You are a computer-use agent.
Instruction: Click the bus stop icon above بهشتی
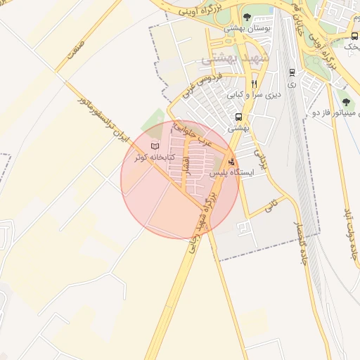tap(239, 117)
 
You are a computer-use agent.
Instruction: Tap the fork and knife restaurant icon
tap(254, 82)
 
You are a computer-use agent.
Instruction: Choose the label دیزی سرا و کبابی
tap(254, 93)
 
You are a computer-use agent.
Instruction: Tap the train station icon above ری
tap(292, 72)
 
